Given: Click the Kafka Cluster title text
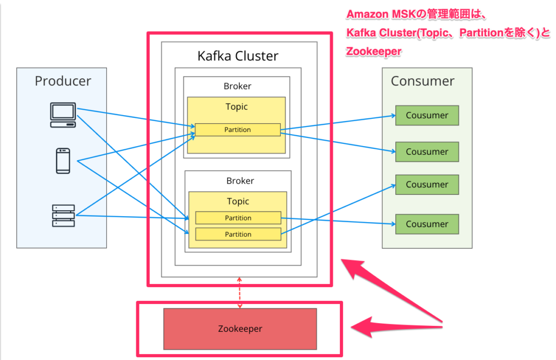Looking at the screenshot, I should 238,55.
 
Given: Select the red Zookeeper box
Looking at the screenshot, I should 240,329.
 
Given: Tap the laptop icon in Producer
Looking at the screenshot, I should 63,115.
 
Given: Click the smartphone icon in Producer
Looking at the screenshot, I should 63,160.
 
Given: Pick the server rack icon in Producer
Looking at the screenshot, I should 63,216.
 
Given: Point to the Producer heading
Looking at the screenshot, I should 63,81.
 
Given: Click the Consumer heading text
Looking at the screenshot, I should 422,81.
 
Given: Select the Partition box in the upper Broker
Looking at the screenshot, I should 238,130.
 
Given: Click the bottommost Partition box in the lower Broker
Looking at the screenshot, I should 238,235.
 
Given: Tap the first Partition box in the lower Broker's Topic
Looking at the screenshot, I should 238,218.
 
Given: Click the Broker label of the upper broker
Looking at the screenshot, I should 237,86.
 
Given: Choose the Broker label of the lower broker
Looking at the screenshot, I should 239,181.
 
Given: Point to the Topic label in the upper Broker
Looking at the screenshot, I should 237,106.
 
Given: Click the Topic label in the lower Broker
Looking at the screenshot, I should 238,201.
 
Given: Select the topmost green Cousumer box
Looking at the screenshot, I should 427,115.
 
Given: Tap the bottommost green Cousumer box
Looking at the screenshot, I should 427,224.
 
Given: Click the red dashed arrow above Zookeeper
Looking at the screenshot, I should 240,293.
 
